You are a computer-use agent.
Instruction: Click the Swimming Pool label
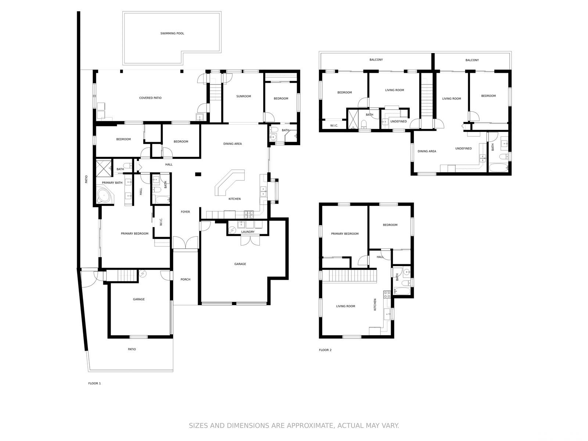172,33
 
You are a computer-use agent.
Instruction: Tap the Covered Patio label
150,98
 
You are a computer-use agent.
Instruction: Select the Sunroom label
244,96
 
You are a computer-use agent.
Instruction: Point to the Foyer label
185,212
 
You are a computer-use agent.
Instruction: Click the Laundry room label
248,232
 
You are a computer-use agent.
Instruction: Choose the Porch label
185,280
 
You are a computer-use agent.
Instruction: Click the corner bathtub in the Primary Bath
105,196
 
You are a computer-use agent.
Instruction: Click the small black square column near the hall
198,174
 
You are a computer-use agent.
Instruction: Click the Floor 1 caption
94,383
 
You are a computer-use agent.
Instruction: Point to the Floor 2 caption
325,350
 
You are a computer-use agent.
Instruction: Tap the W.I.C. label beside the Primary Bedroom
161,222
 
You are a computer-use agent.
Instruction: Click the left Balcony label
376,60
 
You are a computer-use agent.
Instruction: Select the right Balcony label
472,60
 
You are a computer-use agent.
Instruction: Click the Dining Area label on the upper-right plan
427,151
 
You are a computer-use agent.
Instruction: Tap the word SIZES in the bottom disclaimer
198,426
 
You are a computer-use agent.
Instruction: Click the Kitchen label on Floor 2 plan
375,305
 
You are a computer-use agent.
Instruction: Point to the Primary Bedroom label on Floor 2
345,234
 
